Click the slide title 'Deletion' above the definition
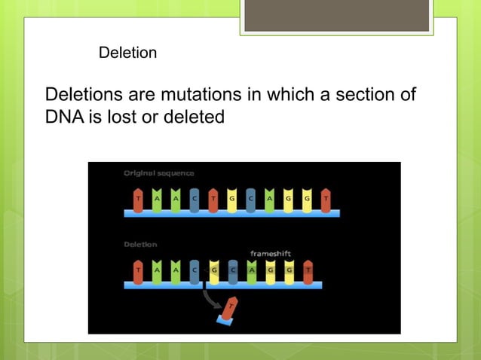point(127,53)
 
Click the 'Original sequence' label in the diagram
point(158,173)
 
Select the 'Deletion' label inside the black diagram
point(140,244)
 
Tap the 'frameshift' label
point(270,254)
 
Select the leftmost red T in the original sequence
point(138,200)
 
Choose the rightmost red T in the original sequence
point(326,200)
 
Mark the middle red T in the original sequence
point(213,200)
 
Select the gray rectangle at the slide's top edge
point(336,15)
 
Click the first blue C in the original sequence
point(195,200)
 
